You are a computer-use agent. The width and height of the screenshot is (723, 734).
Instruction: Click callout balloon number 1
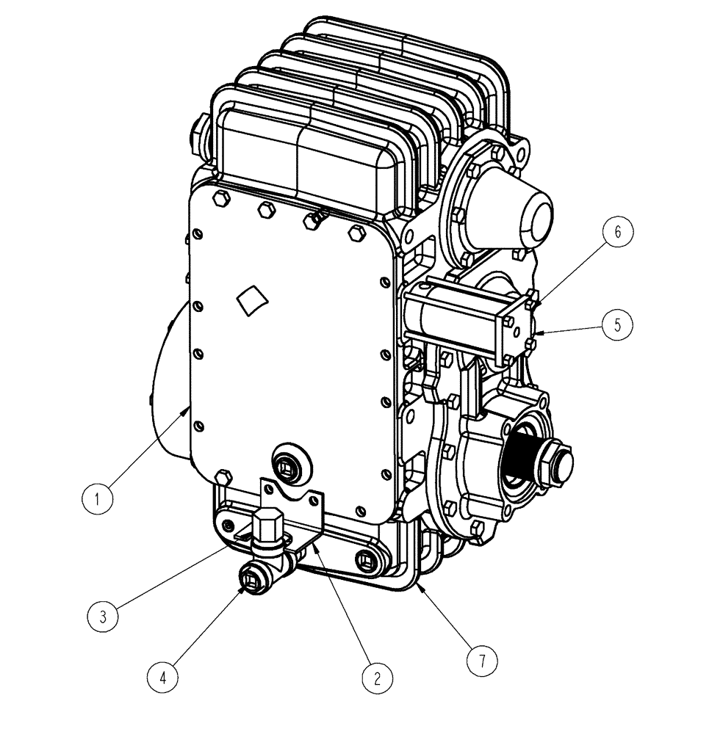coord(97,500)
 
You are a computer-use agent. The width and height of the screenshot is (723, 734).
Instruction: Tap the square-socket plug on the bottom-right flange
coord(364,561)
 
